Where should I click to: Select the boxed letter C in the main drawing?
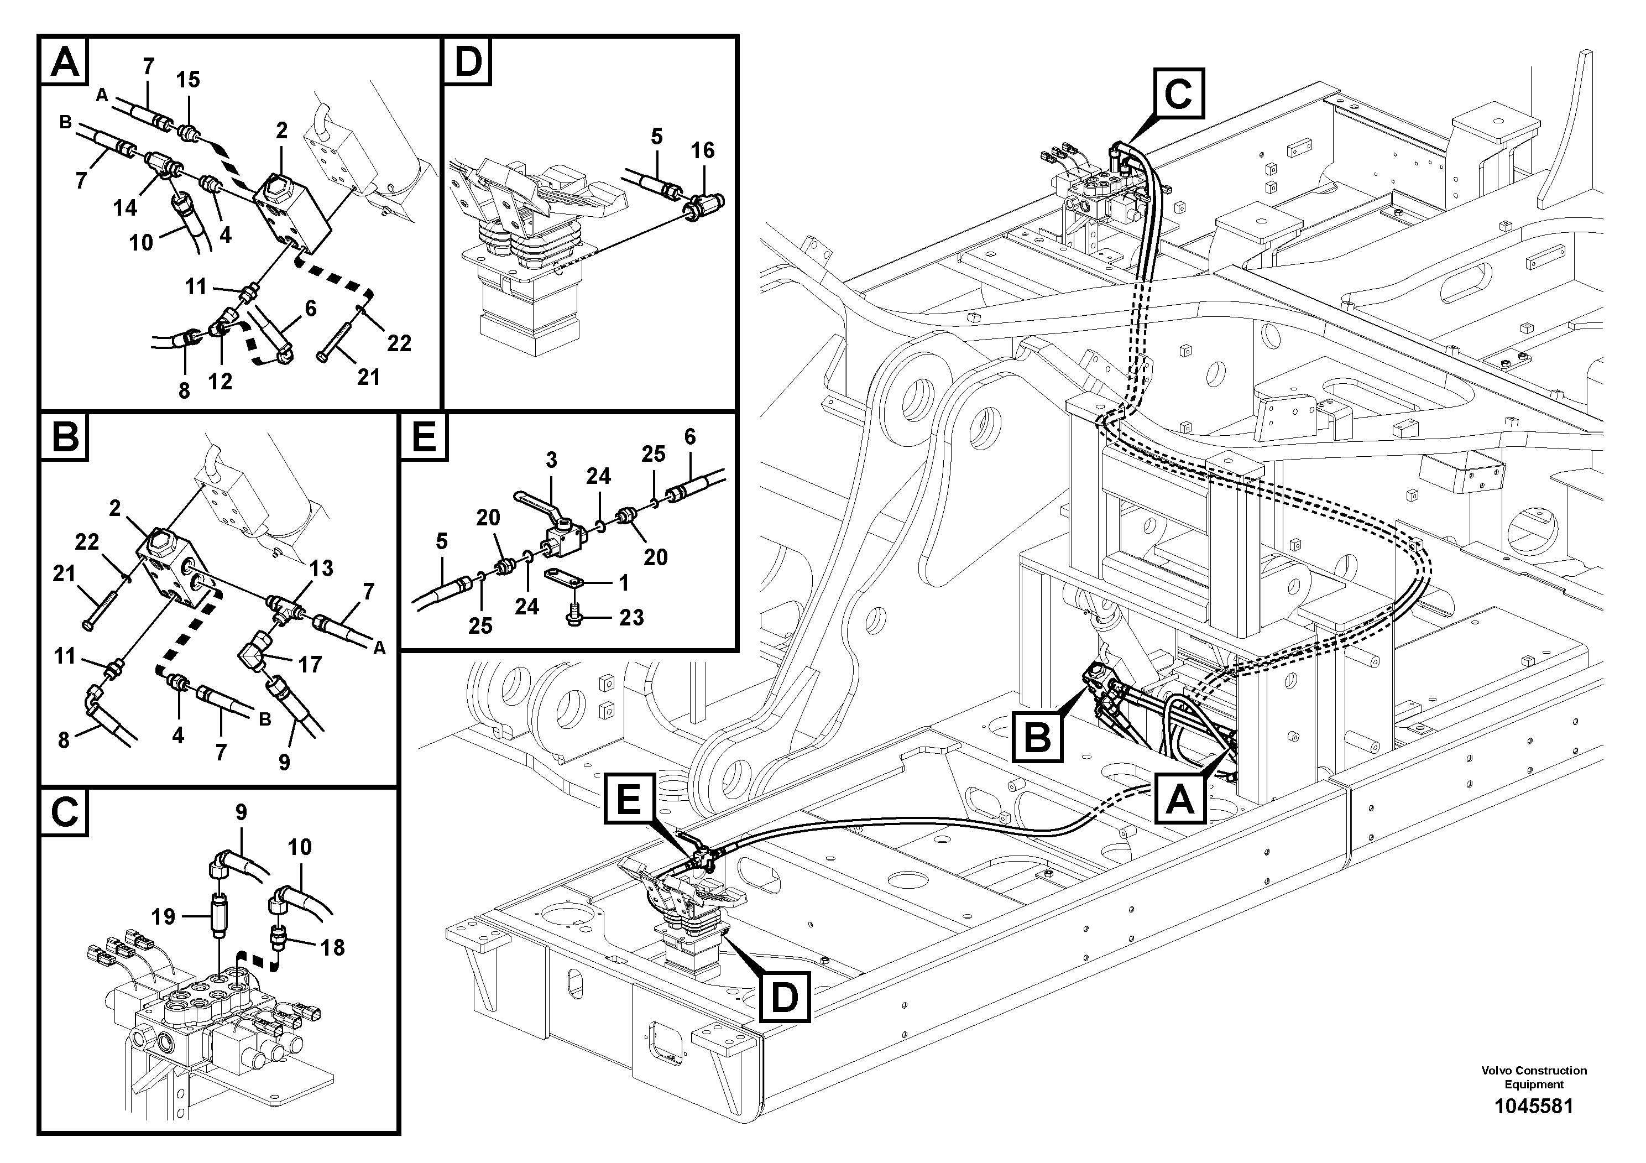(1179, 93)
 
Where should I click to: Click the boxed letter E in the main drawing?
(629, 799)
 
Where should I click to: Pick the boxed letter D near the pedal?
(784, 996)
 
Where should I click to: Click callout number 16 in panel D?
(702, 150)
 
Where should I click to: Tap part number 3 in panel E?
(551, 460)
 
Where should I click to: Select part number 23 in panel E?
(631, 617)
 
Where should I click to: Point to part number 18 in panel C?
(332, 947)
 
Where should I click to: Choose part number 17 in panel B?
(310, 665)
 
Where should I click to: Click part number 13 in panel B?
(321, 568)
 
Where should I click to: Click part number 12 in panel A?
(220, 382)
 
